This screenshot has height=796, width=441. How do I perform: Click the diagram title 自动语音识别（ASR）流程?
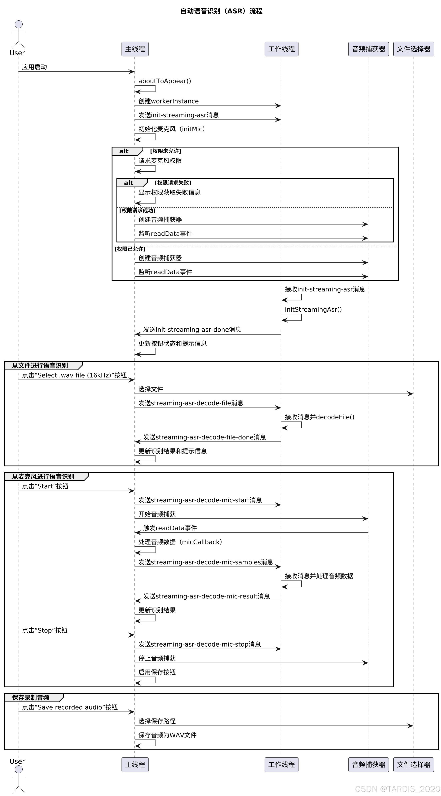point(221,11)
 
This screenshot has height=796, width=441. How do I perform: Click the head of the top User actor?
point(19,24)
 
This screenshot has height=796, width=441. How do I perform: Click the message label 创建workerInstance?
point(168,101)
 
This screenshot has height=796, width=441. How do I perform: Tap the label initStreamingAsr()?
point(313,310)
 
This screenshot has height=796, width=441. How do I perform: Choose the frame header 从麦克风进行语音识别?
point(43,477)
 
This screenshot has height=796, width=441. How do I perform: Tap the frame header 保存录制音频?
point(31,698)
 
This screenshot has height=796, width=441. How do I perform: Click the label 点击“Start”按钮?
point(45,486)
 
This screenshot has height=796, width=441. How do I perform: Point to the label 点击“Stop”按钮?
point(45,630)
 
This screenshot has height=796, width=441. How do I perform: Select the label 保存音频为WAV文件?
point(167,735)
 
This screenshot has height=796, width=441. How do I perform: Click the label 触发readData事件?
point(170,528)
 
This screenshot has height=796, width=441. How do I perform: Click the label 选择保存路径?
point(157,721)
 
